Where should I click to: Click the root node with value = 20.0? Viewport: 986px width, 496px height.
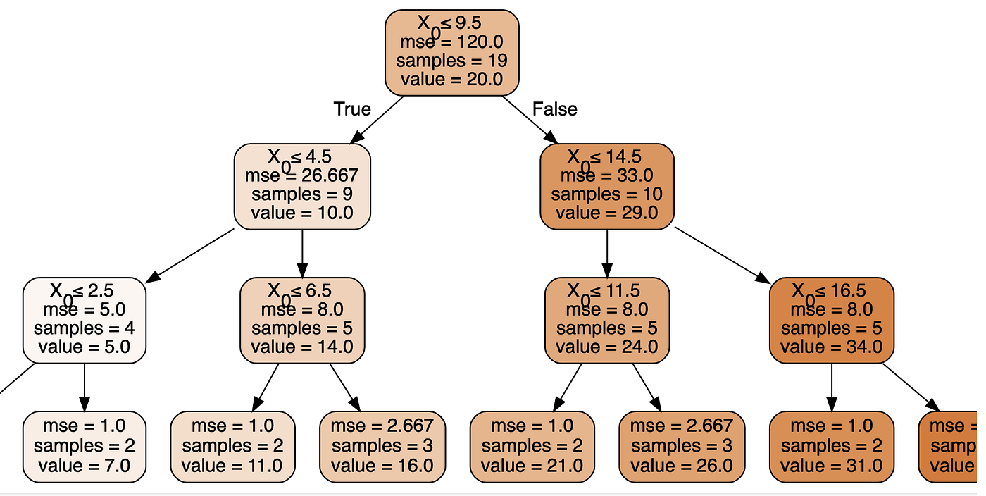(451, 52)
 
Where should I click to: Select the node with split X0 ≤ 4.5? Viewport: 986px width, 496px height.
(302, 186)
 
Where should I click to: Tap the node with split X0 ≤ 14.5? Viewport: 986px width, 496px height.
(606, 186)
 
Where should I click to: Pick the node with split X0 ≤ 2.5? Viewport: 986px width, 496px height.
(85, 319)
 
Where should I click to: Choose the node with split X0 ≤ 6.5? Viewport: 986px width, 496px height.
(302, 319)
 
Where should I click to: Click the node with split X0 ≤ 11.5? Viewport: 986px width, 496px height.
(606, 319)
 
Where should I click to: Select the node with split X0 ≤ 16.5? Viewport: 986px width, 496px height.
(831, 319)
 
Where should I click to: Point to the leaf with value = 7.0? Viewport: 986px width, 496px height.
(85, 446)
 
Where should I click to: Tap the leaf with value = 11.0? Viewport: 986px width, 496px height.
(232, 446)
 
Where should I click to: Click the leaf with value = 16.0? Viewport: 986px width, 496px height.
(382, 446)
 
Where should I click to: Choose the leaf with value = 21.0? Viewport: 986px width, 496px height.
(532, 446)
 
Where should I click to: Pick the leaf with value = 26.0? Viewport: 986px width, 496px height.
(681, 446)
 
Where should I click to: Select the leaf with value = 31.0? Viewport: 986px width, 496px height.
(831, 446)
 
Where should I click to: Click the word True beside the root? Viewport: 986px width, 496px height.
(351, 109)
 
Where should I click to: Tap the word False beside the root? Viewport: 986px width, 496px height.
(554, 109)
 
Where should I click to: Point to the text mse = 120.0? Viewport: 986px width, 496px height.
(451, 42)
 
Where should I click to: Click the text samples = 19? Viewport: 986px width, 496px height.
(451, 61)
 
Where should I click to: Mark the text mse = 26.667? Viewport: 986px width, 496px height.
(302, 175)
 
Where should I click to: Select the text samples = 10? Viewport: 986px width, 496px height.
(606, 194)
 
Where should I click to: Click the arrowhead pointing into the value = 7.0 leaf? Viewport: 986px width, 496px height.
(85, 404)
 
